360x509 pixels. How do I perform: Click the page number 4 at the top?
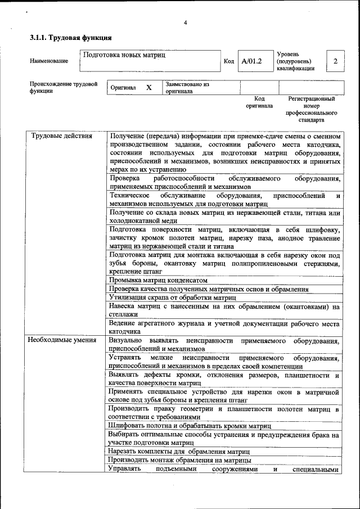(184, 22)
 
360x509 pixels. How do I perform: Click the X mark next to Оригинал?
(148, 88)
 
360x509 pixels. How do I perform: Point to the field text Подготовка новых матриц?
(124, 55)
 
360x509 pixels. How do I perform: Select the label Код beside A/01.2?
(229, 61)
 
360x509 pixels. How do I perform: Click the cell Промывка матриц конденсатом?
(159, 280)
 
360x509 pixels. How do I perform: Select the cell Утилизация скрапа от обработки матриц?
(172, 297)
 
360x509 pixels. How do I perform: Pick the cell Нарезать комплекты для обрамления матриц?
(179, 452)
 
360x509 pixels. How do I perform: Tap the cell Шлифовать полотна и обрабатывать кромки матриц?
(186, 426)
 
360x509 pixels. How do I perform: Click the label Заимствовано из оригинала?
(187, 88)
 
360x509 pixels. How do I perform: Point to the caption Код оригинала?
(259, 102)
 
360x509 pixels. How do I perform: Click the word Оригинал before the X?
(123, 88)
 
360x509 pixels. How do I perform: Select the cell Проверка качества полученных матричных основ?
(209, 289)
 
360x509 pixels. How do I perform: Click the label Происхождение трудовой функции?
(63, 88)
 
